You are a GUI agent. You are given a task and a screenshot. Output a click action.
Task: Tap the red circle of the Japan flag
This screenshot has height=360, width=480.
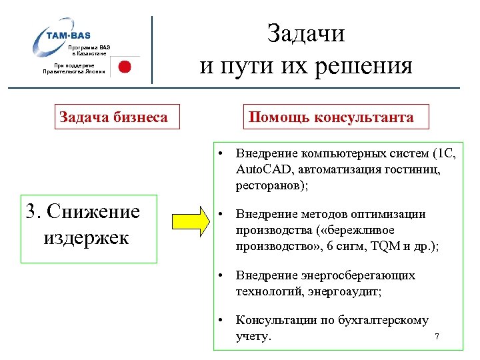pos(124,67)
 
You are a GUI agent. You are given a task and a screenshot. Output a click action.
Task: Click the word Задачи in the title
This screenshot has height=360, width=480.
pos(306,33)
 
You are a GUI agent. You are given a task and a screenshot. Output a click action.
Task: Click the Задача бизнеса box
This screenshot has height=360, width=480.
pos(114,117)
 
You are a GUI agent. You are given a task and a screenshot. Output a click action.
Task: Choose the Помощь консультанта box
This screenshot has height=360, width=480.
pos(331,117)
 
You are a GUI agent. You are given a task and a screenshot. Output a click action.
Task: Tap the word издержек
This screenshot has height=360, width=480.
pos(86,237)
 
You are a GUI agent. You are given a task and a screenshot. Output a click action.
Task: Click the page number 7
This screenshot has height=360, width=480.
pos(437,337)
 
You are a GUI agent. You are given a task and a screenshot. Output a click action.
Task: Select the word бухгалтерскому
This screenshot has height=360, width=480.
pos(385,321)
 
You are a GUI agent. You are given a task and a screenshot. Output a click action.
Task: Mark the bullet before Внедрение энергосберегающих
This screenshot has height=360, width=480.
pos(221,275)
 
